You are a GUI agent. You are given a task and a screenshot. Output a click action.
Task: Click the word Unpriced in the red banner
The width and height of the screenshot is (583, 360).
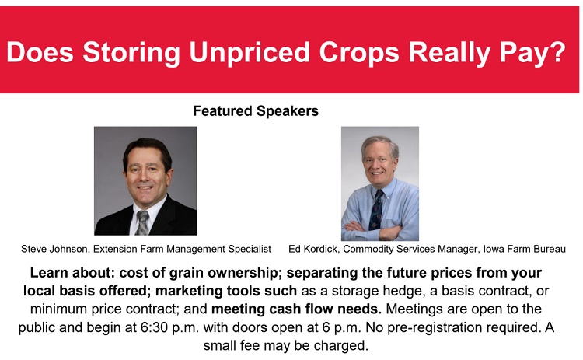pyautogui.click(x=249, y=52)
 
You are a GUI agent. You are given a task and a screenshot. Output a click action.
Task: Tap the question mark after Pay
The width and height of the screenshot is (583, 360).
pyautogui.click(x=557, y=51)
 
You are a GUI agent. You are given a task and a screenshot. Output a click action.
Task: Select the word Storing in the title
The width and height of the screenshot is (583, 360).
pyautogui.click(x=131, y=52)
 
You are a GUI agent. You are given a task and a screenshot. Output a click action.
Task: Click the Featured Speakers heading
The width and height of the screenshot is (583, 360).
pyautogui.click(x=256, y=111)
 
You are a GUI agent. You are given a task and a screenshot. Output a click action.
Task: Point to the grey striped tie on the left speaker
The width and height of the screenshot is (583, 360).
pyautogui.click(x=142, y=222)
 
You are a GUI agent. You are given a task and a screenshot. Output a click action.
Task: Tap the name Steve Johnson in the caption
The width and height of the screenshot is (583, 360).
pyautogui.click(x=54, y=249)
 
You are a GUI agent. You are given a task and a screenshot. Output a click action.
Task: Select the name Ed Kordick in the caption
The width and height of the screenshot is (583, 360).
pyautogui.click(x=312, y=249)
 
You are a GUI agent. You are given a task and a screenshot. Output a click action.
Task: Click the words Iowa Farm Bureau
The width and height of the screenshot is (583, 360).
pyautogui.click(x=524, y=249)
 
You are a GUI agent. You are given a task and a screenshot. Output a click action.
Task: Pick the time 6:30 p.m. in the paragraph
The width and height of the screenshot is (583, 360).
pyautogui.click(x=170, y=327)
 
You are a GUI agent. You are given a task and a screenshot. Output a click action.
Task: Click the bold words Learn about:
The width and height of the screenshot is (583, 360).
pyautogui.click(x=72, y=273)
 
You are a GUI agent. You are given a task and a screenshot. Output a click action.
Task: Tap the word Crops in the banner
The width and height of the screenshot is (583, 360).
pyautogui.click(x=359, y=52)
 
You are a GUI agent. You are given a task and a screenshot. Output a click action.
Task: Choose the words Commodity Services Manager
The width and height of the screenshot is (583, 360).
pyautogui.click(x=410, y=249)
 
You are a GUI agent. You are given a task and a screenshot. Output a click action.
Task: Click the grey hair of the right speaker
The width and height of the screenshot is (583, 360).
pyautogui.click(x=379, y=143)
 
